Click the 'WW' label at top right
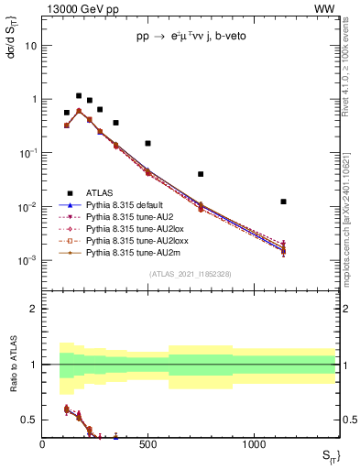pyautogui.click(x=326, y=8)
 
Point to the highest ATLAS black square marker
pyautogui.click(x=79, y=95)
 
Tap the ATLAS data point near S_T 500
pyautogui.click(x=147, y=143)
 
